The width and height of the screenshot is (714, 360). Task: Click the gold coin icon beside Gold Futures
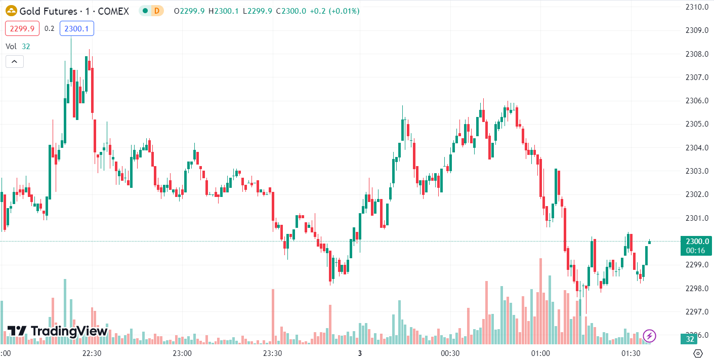11,11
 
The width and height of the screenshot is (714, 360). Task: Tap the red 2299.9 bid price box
22,29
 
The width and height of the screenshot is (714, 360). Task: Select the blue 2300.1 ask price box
76,29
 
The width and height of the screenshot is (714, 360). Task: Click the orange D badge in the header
157,11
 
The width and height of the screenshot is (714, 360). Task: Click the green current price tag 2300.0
696,242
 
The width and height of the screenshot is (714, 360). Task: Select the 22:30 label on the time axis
92,353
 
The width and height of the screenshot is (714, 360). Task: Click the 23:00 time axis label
182,353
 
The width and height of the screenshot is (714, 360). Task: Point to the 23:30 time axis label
272,353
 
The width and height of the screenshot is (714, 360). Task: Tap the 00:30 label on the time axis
450,353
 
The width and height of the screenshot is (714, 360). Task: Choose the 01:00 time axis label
540,353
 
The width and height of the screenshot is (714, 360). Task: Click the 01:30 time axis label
631,353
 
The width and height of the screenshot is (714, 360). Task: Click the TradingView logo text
69,331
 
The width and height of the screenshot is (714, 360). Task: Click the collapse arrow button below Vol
14,62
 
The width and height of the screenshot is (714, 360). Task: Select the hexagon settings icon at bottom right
698,353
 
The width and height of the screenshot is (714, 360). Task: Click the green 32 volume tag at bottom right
689,339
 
